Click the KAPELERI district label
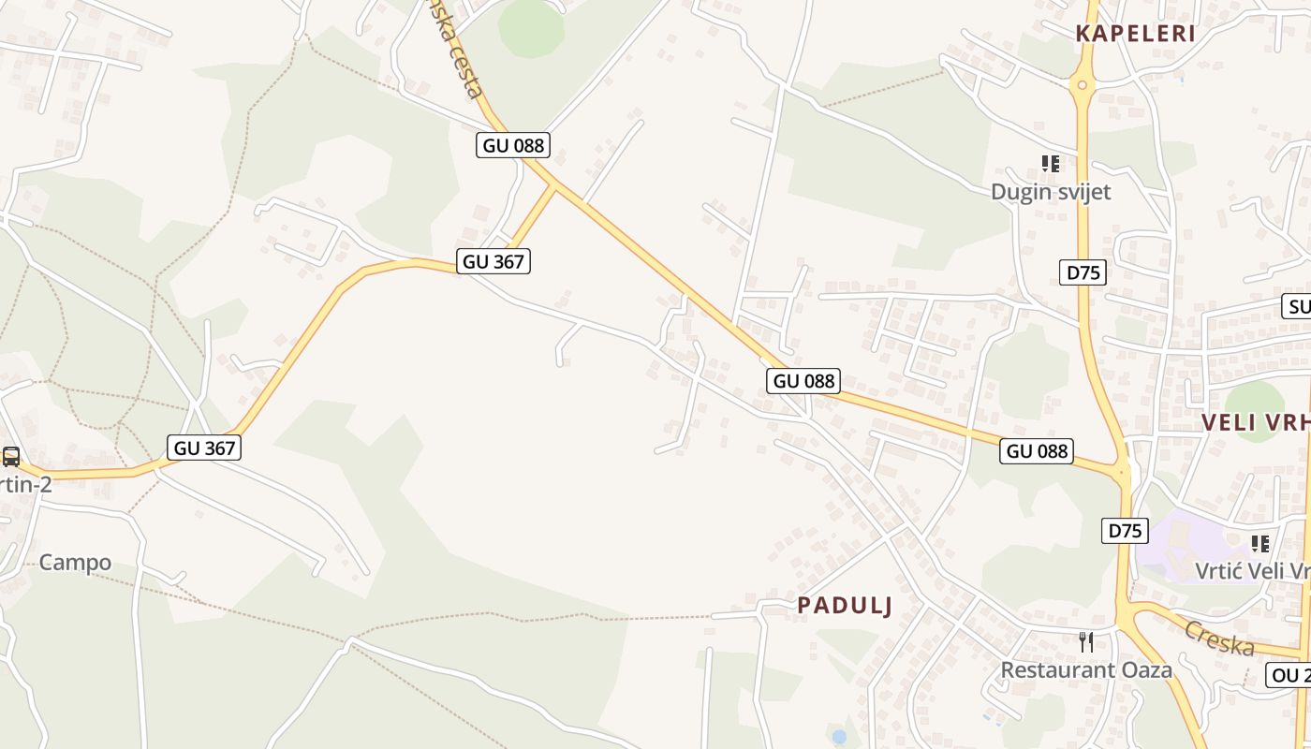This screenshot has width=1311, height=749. pyautogui.click(x=1135, y=34)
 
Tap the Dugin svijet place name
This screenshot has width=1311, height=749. pyautogui.click(x=1051, y=192)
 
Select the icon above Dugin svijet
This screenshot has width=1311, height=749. pyautogui.click(x=1051, y=164)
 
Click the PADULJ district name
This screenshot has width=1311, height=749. pyautogui.click(x=845, y=606)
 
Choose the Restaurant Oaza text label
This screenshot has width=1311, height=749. pyautogui.click(x=1086, y=670)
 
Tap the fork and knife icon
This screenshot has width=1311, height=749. pyautogui.click(x=1086, y=642)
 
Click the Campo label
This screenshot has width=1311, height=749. pyautogui.click(x=75, y=563)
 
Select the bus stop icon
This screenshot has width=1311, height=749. pyautogui.click(x=11, y=457)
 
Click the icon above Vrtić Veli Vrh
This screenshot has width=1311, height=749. pyautogui.click(x=1260, y=543)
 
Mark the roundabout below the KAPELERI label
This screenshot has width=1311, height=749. pyautogui.click(x=1083, y=86)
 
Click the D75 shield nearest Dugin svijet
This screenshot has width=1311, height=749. pyautogui.click(x=1084, y=272)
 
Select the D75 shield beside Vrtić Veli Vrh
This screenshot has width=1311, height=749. pyautogui.click(x=1125, y=531)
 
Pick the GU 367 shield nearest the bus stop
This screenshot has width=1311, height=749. pyautogui.click(x=205, y=448)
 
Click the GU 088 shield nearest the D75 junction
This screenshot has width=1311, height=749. pyautogui.click(x=1037, y=451)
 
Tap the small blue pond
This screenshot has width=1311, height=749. pyautogui.click(x=839, y=737)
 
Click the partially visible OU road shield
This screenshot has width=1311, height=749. pyautogui.click(x=1289, y=674)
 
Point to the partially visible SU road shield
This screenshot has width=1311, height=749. pyautogui.click(x=1296, y=306)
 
